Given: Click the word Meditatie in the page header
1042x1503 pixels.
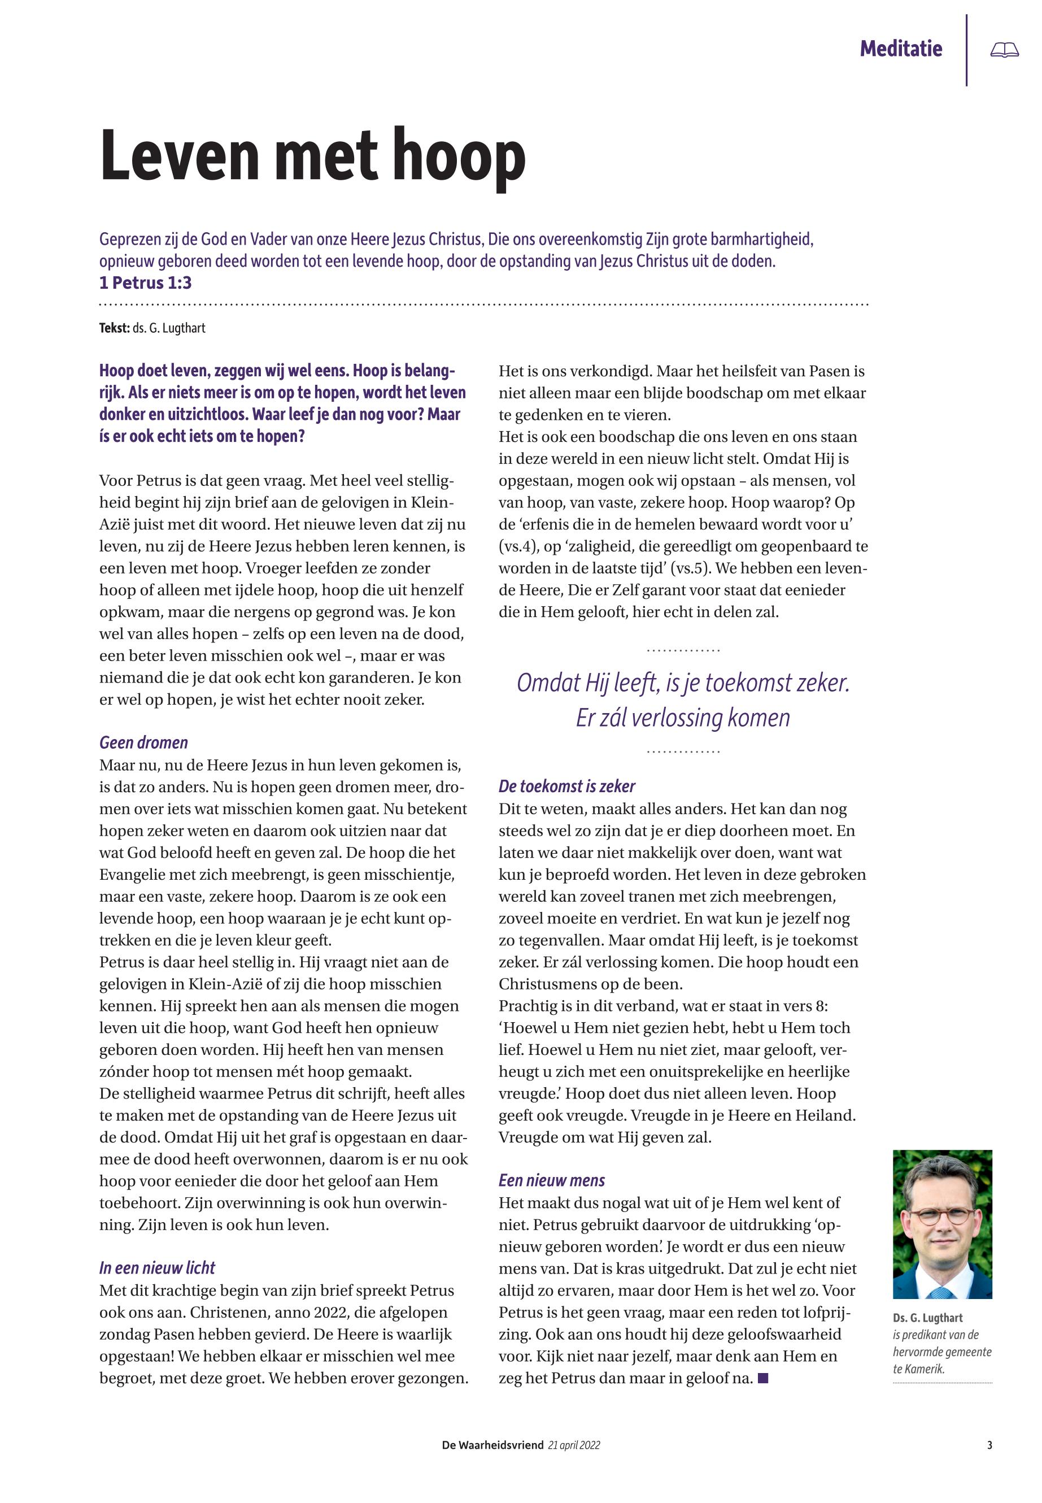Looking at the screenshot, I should click(900, 49).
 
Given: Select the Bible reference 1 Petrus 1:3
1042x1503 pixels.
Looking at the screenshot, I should click(145, 283).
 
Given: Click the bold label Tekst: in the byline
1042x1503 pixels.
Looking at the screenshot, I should click(114, 328).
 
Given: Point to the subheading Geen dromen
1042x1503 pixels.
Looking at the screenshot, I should click(143, 742).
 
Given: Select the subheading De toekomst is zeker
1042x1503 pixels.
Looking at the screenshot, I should click(566, 786).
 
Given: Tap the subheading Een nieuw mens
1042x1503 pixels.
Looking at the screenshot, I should click(552, 1180).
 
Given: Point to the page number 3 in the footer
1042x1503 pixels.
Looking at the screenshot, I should click(990, 1445).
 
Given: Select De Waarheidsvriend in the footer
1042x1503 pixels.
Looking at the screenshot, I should click(492, 1445).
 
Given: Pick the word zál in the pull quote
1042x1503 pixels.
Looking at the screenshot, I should click(611, 717).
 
